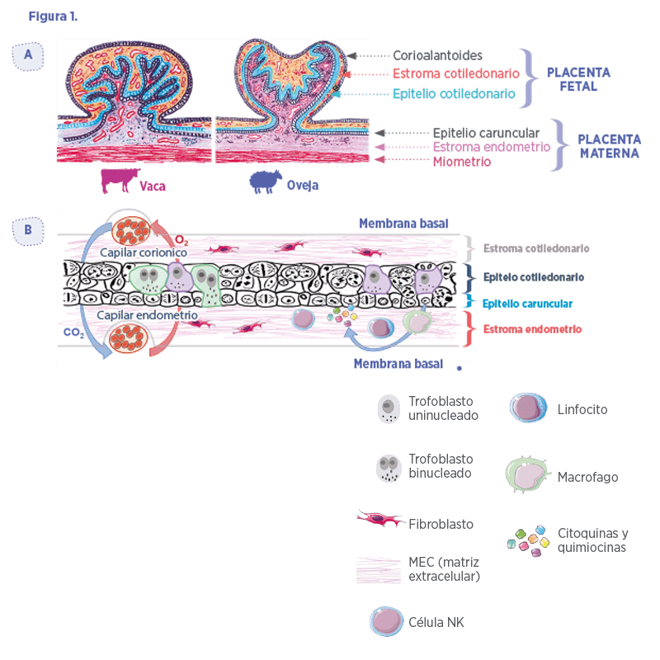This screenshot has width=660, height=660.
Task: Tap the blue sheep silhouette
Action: (x=265, y=181)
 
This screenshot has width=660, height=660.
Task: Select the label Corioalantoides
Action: (x=437, y=55)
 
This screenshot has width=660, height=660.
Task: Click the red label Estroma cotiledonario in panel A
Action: (x=456, y=73)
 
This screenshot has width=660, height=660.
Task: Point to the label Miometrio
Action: (x=462, y=162)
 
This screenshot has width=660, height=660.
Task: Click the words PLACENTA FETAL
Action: (x=578, y=79)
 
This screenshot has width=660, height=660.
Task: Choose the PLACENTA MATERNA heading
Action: (x=609, y=146)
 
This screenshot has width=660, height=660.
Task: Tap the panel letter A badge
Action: (x=28, y=56)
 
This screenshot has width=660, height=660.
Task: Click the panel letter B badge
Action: (x=28, y=231)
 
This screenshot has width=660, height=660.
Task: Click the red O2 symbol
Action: (x=181, y=240)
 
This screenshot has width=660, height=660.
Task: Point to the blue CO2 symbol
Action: (x=73, y=332)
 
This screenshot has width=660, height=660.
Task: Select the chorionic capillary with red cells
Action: (x=131, y=231)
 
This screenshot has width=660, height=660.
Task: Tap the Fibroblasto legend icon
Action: (x=380, y=519)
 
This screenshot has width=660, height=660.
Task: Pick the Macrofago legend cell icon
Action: (x=528, y=475)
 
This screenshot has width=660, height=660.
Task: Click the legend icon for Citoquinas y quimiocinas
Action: (x=528, y=541)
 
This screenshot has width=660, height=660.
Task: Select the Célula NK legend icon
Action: (x=386, y=621)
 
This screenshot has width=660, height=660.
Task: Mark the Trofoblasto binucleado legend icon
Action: (x=388, y=468)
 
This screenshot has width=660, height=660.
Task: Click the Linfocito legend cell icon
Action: (x=528, y=408)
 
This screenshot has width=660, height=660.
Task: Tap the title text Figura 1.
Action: (x=53, y=16)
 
